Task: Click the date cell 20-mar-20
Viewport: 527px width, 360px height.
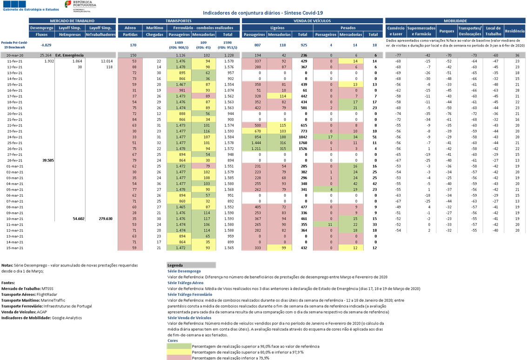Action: (x=16, y=55)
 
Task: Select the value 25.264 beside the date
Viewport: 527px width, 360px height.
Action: (x=46, y=55)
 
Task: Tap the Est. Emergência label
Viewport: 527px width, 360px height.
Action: (x=70, y=55)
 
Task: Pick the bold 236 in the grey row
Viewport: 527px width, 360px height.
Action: (x=304, y=55)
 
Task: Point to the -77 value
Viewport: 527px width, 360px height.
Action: (x=398, y=55)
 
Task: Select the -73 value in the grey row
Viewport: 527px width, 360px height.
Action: (x=474, y=55)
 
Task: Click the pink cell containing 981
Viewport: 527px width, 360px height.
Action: (x=179, y=90)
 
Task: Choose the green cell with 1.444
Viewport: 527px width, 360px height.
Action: (x=254, y=143)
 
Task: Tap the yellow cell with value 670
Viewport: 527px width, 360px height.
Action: (x=254, y=131)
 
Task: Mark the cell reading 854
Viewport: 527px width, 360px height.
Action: (x=254, y=137)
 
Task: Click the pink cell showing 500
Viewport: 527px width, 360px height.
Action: (x=254, y=125)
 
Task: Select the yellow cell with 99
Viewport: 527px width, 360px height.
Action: (x=280, y=248)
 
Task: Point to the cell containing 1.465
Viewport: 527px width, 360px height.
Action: (x=179, y=207)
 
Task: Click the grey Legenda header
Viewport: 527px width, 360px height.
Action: (x=191, y=265)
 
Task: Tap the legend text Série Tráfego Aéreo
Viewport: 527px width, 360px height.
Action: (x=185, y=283)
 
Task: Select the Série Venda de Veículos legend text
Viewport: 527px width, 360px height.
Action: (x=189, y=318)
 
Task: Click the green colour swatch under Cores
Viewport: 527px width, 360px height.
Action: (x=179, y=346)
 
